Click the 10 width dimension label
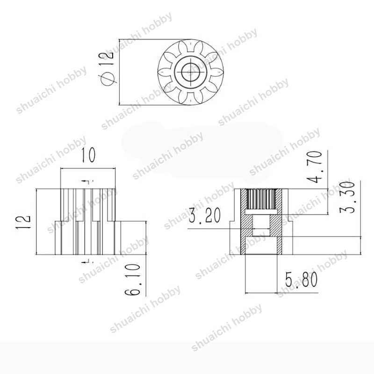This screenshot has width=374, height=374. (x=88, y=155)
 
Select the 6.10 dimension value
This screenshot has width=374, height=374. (x=133, y=279)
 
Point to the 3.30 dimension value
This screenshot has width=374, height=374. (x=346, y=197)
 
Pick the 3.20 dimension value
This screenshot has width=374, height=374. (x=205, y=215)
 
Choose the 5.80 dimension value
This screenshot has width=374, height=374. (x=302, y=280)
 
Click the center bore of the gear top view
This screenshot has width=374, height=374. (x=191, y=72)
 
